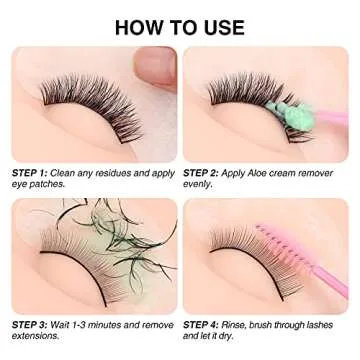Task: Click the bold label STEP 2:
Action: [204, 173]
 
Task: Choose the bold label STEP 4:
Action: [204, 324]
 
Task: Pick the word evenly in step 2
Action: [199, 186]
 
